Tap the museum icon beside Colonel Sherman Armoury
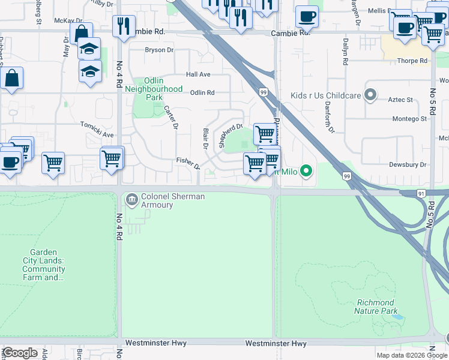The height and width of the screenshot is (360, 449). (x=131, y=197)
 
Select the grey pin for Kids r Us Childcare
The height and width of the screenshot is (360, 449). (x=371, y=94)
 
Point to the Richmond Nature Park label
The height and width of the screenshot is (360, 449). (x=376, y=307)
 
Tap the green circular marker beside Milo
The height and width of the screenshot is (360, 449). (x=307, y=172)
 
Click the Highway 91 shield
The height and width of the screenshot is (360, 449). (x=422, y=193)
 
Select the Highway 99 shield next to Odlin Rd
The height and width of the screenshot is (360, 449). (x=264, y=91)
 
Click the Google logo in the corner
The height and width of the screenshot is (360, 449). (x=19, y=353)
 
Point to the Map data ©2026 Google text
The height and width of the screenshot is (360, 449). (x=412, y=355)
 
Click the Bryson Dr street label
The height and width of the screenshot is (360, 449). (x=158, y=50)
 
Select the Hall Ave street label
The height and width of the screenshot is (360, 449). (x=198, y=74)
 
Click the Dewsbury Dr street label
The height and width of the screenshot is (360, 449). (x=407, y=164)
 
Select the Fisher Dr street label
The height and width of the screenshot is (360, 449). (x=187, y=162)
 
